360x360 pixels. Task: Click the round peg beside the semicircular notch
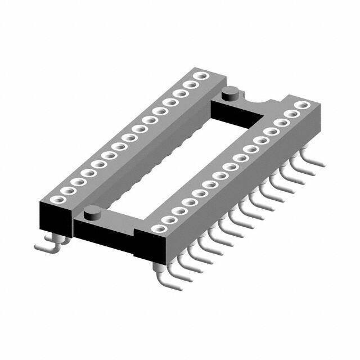[230, 93]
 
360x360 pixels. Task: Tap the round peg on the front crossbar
[92, 212]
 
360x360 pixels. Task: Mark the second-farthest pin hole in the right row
[293, 114]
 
